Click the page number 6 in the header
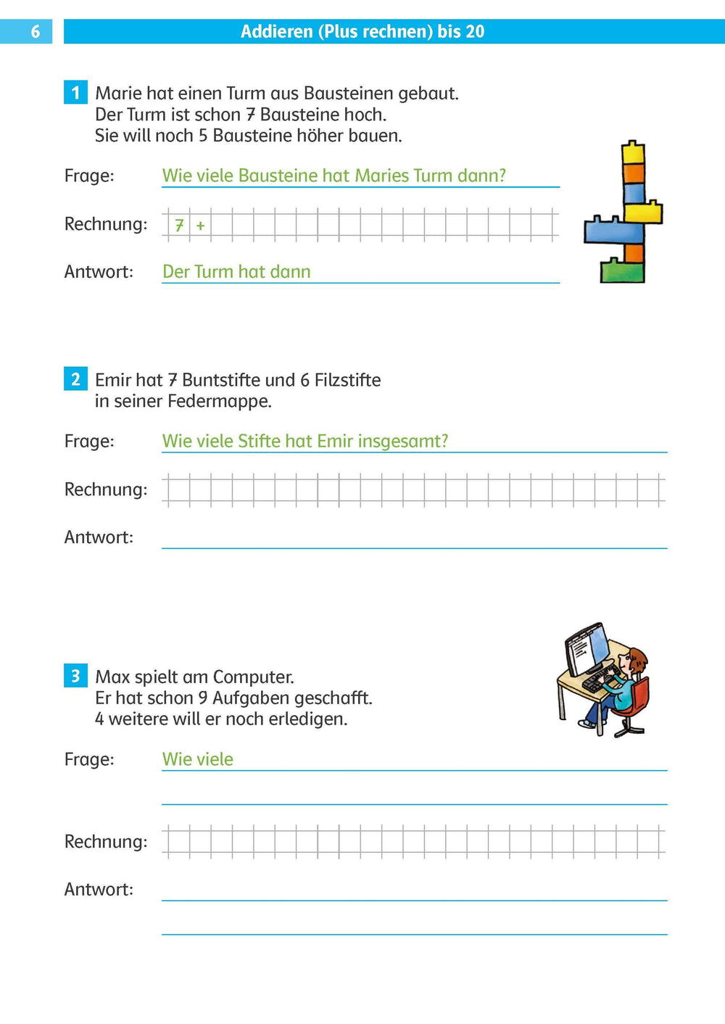[x=35, y=32]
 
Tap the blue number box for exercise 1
[x=75, y=93]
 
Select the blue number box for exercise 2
[x=75, y=379]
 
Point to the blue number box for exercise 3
[x=75, y=676]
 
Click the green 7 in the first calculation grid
[x=179, y=226]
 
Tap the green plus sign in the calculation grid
[x=200, y=226]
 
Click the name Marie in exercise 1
[x=118, y=94]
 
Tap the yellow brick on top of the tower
[x=633, y=152]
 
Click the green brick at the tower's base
[x=621, y=271]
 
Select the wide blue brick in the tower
[x=613, y=230]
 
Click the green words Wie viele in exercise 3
[x=198, y=759]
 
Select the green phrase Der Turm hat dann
[x=236, y=272]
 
